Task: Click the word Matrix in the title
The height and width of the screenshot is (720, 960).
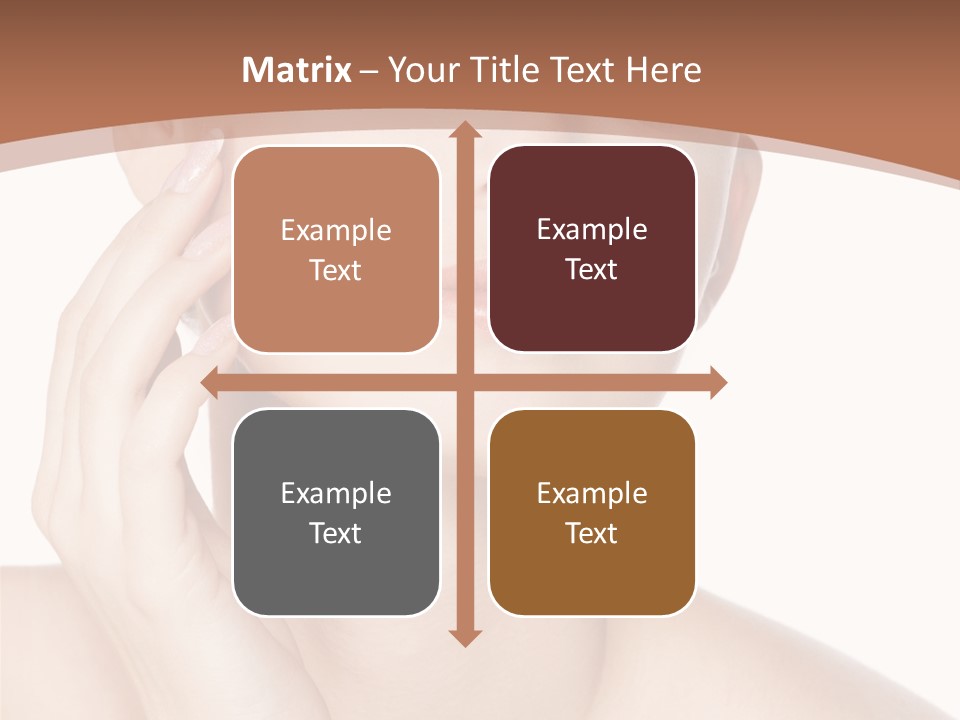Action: [x=297, y=70]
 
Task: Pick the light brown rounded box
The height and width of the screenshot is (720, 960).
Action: [x=336, y=249]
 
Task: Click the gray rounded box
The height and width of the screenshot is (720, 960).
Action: [x=336, y=512]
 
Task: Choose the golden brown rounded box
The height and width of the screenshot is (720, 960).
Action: [x=592, y=512]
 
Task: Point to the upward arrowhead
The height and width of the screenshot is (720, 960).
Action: [x=464, y=131]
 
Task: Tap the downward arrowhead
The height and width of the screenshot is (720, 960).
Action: [x=464, y=637]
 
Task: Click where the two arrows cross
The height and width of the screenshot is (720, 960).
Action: [x=464, y=382]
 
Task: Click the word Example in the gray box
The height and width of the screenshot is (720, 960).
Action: [x=336, y=493]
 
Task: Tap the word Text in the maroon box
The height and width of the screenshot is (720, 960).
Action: [x=592, y=270]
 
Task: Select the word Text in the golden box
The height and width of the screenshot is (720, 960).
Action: [x=592, y=533]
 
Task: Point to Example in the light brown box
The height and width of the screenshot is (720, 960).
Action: [x=336, y=230]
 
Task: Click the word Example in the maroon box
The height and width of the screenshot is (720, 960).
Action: [x=592, y=229]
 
